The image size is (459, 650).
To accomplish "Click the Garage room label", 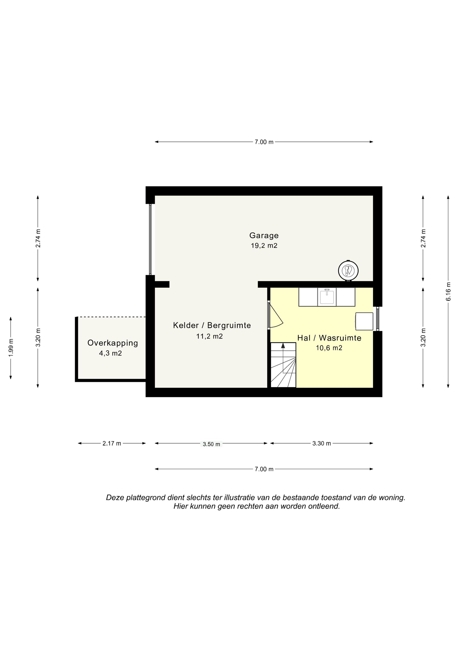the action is pos(264,236).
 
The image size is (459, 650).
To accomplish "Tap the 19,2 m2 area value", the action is pos(264,246).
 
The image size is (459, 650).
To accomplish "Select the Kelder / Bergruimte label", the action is pos(212,325).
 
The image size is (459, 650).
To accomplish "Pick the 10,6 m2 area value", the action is pos(329,348).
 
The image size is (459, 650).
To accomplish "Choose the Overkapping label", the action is pos(113,343).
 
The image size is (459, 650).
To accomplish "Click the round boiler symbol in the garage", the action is pos(348,270).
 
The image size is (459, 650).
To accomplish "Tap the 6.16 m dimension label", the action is pos(448,291).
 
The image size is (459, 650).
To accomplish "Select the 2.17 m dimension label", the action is pos(112,443).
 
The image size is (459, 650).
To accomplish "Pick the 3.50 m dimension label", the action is pos(211,444).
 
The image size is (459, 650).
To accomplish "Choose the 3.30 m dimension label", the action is pos(322,443).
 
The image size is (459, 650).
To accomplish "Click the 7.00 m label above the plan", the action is pos(264,142).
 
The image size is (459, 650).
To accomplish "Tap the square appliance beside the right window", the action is pos(364,321).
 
